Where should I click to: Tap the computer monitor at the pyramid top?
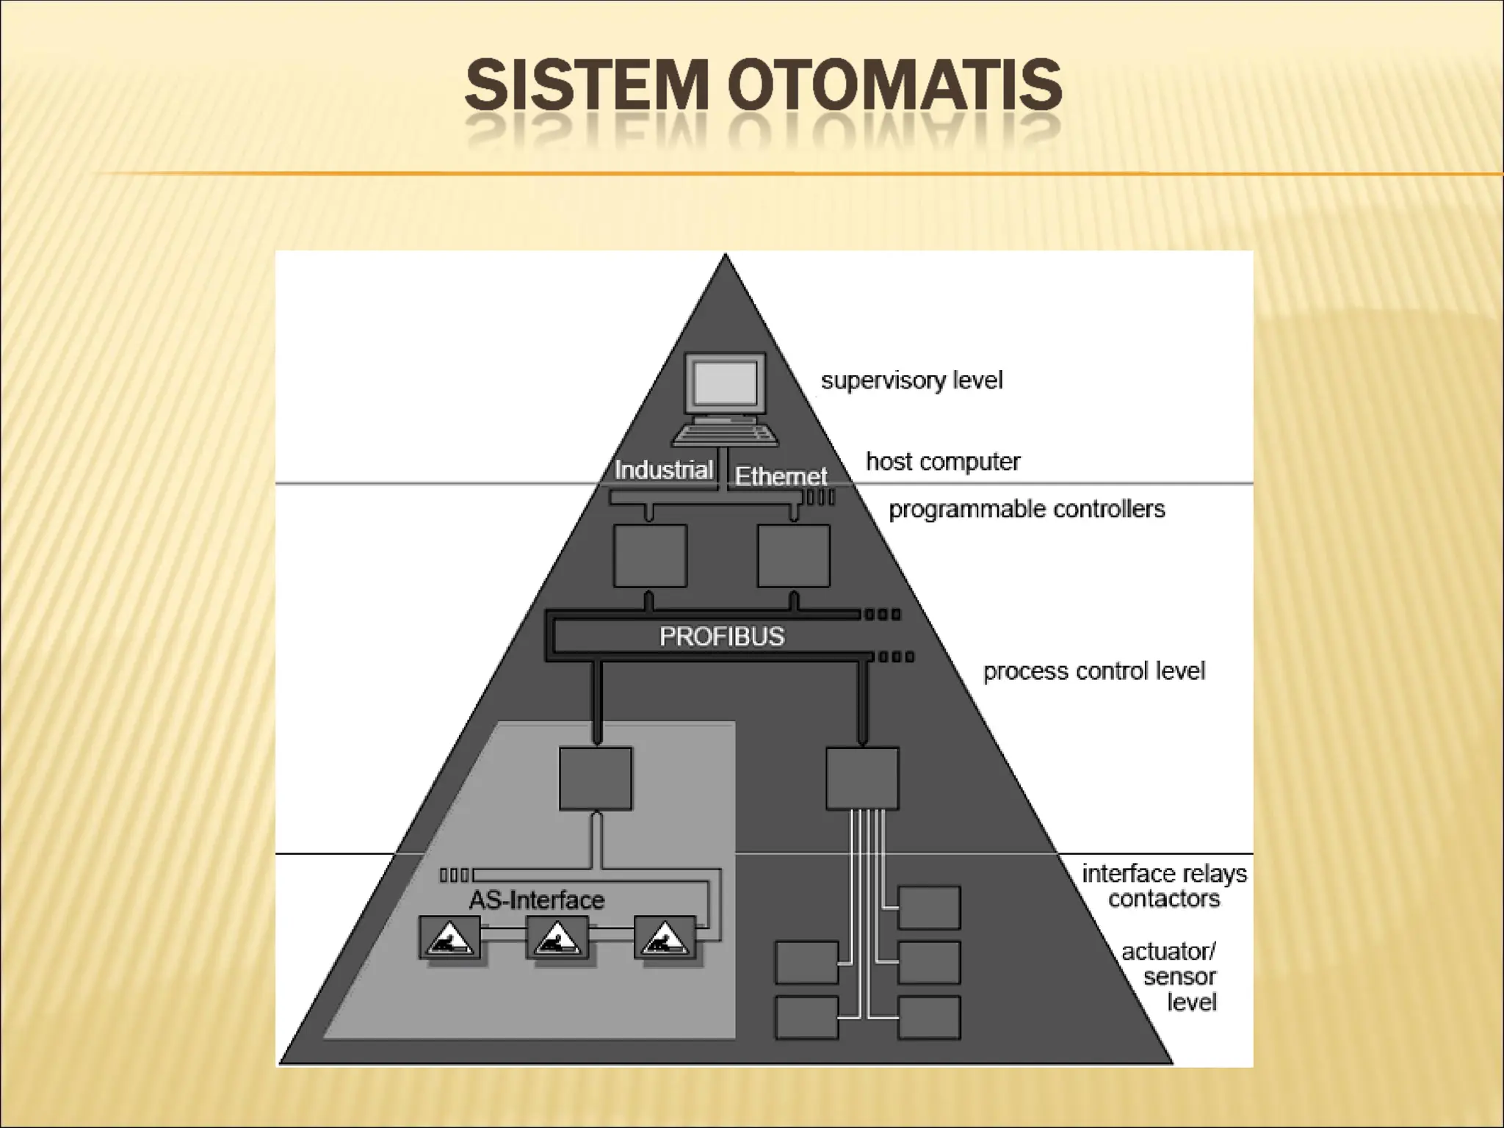point(726,385)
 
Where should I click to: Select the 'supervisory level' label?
point(911,380)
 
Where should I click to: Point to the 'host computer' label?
point(943,462)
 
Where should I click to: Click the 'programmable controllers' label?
point(1027,509)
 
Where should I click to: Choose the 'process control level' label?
point(1093,671)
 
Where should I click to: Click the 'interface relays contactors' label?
point(1164,886)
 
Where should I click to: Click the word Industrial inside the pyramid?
point(664,470)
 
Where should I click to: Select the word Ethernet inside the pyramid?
point(781,477)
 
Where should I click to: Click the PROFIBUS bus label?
point(722,636)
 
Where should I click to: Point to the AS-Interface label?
point(537,900)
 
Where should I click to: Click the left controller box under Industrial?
point(650,556)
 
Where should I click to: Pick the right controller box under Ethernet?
point(794,556)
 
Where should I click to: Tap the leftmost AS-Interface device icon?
point(449,937)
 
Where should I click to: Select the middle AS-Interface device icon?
point(557,937)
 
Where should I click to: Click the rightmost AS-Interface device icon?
point(665,937)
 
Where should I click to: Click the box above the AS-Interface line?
point(596,778)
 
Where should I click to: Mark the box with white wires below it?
point(862,778)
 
